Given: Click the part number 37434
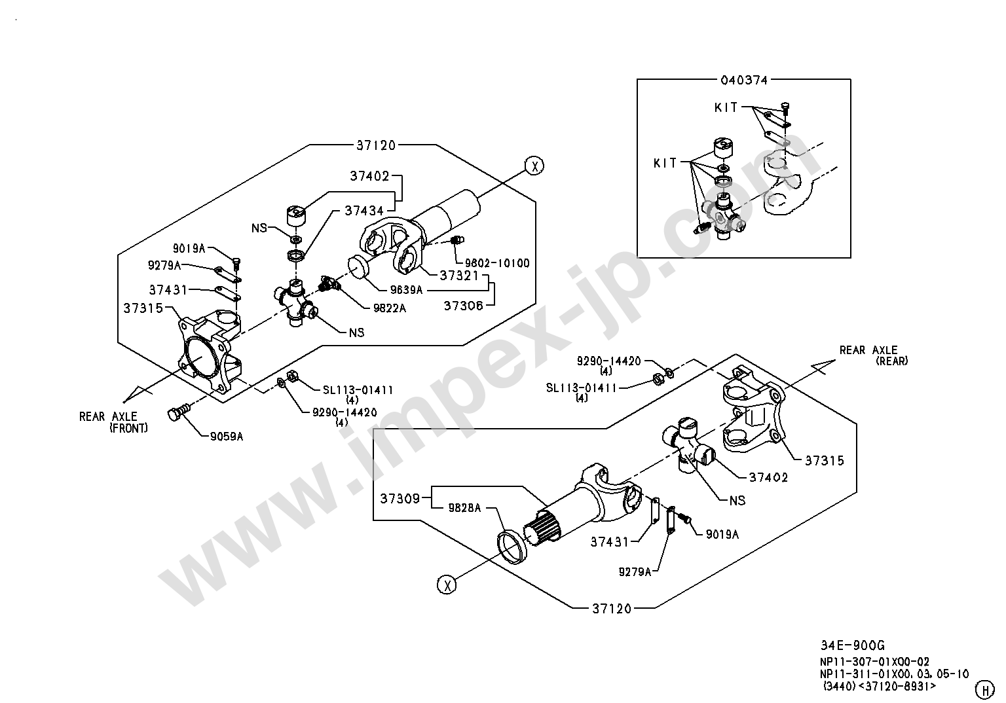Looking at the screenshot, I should (x=364, y=210).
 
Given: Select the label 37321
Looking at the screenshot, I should (x=460, y=276).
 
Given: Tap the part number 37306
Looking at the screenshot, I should (x=463, y=305).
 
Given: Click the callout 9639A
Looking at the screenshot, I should (x=406, y=289).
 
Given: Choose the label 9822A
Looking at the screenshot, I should (x=390, y=308).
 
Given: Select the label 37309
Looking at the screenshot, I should (x=400, y=499).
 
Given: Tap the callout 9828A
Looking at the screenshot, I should (x=464, y=507).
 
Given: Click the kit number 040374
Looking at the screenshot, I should (x=744, y=80).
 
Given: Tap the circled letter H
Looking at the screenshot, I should (x=984, y=689).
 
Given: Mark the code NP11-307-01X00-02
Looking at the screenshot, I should (x=874, y=662).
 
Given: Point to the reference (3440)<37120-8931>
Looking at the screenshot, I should (x=880, y=687).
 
